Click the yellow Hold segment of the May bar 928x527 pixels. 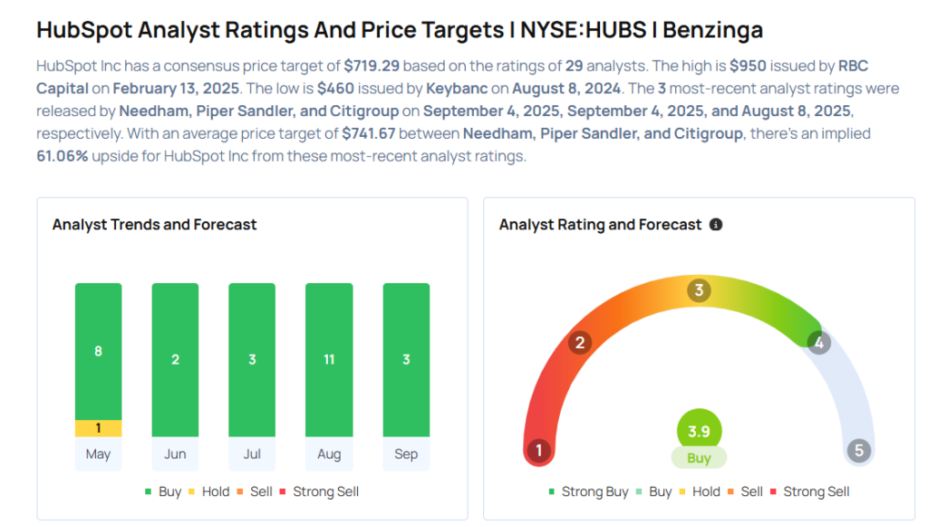[x=98, y=428]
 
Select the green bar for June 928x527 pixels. [x=175, y=359]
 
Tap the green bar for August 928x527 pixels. [x=329, y=359]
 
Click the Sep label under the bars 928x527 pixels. [x=406, y=454]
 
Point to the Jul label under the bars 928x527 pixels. [x=252, y=454]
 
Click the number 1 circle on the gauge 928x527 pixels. [x=538, y=451]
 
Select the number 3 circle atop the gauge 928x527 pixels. [x=699, y=290]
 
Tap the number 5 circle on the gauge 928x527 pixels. [x=858, y=451]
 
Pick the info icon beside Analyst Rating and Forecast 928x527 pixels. [x=716, y=224]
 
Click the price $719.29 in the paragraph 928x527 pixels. [x=372, y=67]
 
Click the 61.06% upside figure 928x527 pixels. [x=63, y=155]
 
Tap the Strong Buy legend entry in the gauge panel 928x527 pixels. [x=588, y=492]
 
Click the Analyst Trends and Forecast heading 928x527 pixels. [x=155, y=224]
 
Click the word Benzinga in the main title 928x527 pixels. [x=712, y=29]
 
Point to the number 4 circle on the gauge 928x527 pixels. [x=818, y=343]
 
